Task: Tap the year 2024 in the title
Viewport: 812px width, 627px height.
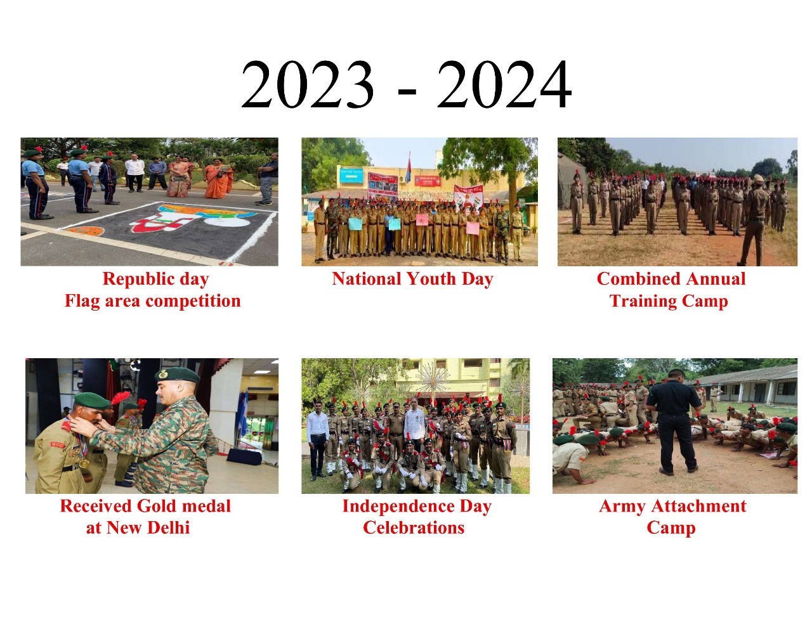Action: point(504,84)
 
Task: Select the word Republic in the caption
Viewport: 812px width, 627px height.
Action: point(137,279)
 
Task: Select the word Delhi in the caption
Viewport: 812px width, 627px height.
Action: point(169,527)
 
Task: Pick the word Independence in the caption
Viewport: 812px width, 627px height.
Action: point(398,507)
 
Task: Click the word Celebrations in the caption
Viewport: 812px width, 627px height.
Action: point(414,527)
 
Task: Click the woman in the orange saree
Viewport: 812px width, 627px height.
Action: point(218,178)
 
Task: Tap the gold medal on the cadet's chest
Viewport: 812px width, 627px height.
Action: point(84,464)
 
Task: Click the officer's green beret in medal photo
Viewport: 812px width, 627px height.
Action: point(177,375)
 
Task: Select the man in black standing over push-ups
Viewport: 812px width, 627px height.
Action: point(674,420)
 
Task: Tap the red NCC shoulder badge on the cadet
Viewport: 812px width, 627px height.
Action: point(58,444)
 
